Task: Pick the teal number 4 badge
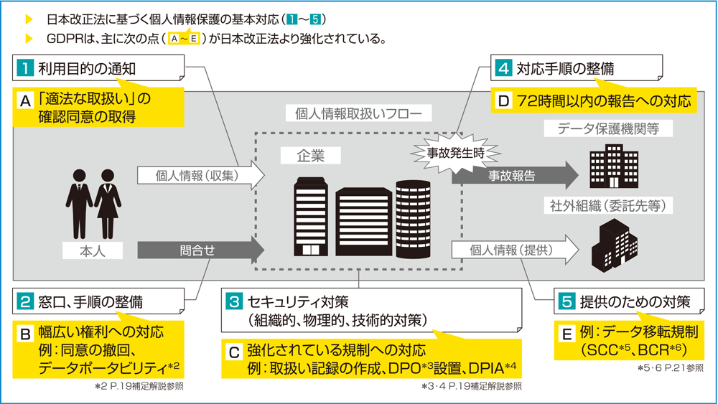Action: (x=503, y=69)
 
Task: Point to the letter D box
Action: (x=503, y=100)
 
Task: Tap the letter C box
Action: (x=233, y=352)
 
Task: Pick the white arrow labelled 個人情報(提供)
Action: (x=513, y=250)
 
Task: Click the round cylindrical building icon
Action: (x=414, y=217)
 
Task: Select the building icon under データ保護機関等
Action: (x=609, y=166)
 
